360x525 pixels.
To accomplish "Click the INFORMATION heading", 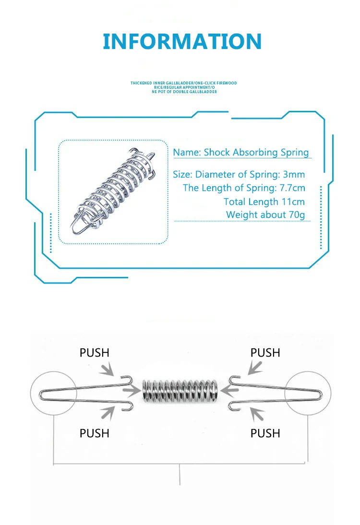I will [x=182, y=41].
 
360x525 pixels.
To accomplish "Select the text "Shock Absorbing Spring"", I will [x=256, y=153].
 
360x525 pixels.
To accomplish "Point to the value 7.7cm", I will [x=292, y=188].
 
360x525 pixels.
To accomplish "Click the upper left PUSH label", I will [x=95, y=353].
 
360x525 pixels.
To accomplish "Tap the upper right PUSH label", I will [x=265, y=353].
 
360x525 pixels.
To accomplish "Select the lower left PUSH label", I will [x=95, y=433].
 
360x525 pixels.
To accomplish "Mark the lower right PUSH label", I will [x=265, y=433].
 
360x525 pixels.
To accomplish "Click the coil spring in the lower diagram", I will [x=180, y=391].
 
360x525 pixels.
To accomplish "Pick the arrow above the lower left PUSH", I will [x=108, y=412].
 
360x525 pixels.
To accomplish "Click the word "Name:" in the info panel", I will [x=187, y=153].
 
